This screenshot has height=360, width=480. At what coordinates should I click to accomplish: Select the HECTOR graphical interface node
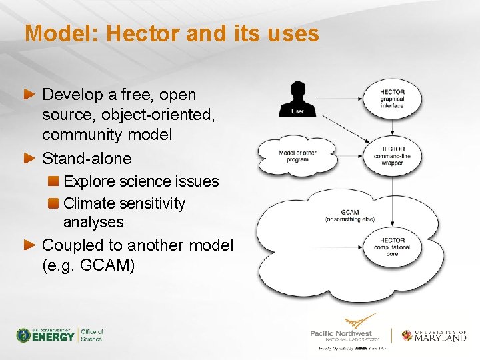pyautogui.click(x=392, y=99)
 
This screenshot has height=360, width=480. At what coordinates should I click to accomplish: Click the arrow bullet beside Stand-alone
pyautogui.click(x=29, y=159)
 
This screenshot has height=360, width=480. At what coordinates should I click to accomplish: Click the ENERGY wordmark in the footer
pyautogui.click(x=54, y=337)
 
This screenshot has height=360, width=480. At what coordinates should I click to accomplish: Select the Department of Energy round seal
pyautogui.click(x=23, y=335)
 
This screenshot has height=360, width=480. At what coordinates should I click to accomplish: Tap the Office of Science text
pyautogui.click(x=92, y=335)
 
